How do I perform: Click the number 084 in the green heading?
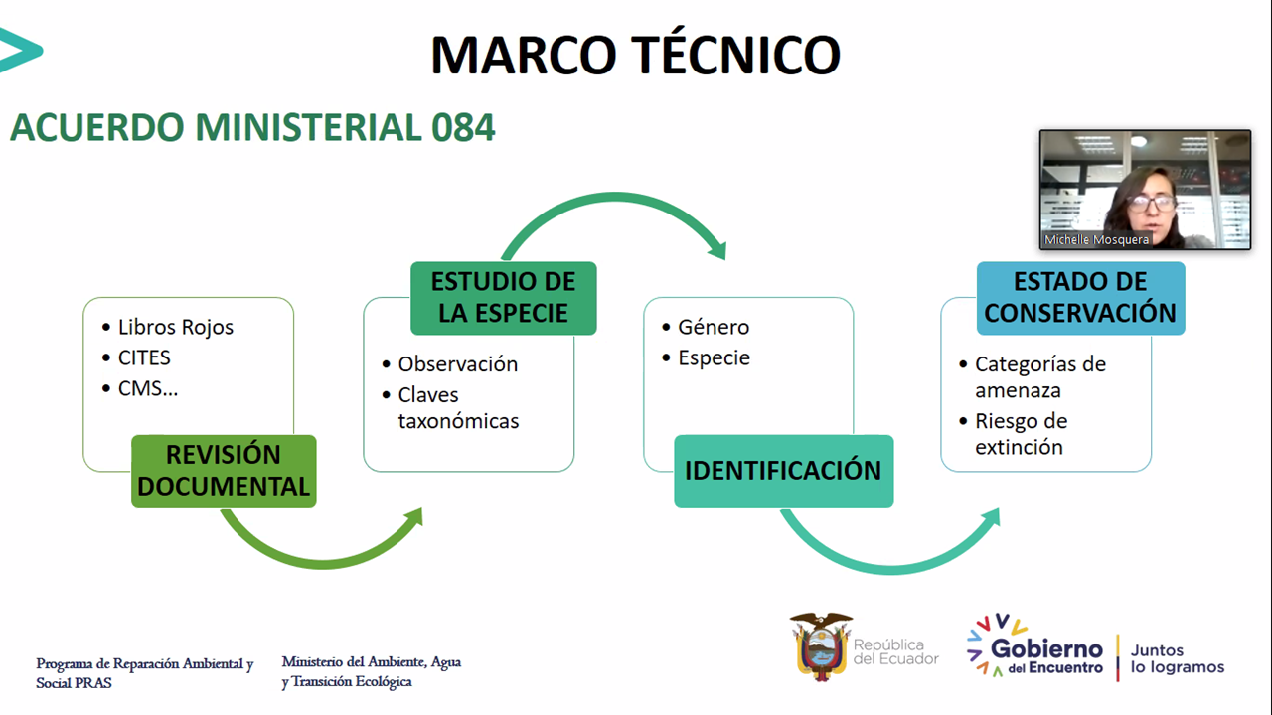click(x=463, y=127)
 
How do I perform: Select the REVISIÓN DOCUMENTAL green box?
click(x=224, y=471)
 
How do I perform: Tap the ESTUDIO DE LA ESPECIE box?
click(x=504, y=298)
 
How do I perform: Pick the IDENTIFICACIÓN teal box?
click(x=784, y=471)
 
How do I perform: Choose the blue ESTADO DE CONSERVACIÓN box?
click(x=1080, y=298)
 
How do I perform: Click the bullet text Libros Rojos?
click(x=176, y=328)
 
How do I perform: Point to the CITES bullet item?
click(x=144, y=358)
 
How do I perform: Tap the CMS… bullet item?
click(x=148, y=388)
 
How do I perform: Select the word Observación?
click(x=458, y=364)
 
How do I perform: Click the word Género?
click(x=714, y=328)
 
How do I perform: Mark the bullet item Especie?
click(x=714, y=358)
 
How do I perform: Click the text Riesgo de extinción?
click(x=1021, y=434)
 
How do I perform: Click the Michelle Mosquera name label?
click(x=1096, y=240)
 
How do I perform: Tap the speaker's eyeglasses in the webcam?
click(x=1151, y=202)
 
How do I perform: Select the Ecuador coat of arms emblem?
click(x=821, y=646)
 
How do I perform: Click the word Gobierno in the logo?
click(x=1046, y=648)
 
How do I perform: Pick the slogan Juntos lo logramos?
click(x=1178, y=658)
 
